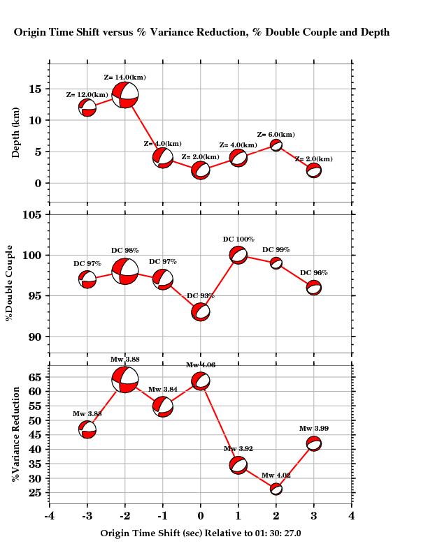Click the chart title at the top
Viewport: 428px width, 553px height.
coord(201,32)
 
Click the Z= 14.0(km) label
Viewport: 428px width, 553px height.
coord(124,78)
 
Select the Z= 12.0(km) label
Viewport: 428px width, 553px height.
coord(87,95)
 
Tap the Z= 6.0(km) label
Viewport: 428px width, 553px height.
coord(276,135)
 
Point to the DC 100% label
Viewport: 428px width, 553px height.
coord(238,239)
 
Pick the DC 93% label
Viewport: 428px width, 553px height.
coord(201,296)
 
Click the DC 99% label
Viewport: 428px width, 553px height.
coord(276,250)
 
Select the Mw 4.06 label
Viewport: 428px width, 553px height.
coord(201,365)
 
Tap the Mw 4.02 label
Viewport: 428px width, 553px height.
coord(276,475)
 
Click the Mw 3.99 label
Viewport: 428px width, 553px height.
coord(313,429)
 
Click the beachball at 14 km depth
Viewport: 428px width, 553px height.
coord(125,95)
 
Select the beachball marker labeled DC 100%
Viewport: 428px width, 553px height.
coord(238,255)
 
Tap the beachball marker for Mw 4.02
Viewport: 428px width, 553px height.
coord(276,489)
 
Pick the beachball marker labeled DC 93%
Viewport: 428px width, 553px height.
coord(201,312)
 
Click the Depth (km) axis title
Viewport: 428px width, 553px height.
coord(16,133)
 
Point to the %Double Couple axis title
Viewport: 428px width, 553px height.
coord(10,283)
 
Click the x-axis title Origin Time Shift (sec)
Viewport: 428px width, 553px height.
coord(200,533)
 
